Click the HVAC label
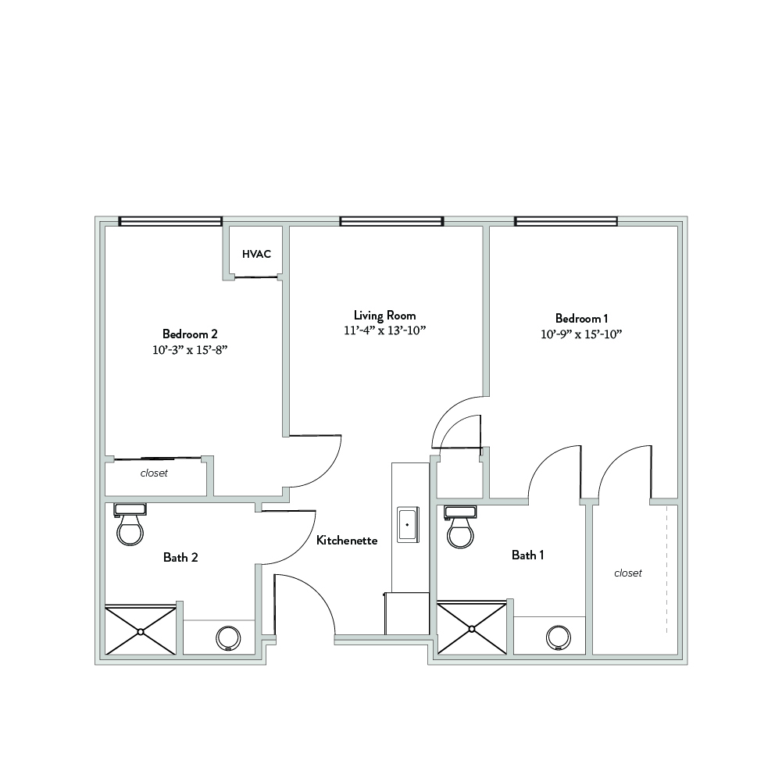point(256,254)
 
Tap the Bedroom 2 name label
point(190,334)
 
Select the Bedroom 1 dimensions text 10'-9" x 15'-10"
point(581,334)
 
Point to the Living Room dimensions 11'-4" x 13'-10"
point(384,330)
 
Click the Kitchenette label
point(347,540)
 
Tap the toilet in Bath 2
point(130,524)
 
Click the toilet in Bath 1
point(460,527)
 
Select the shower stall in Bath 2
point(141,630)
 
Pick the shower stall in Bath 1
point(472,628)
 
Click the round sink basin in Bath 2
point(228,638)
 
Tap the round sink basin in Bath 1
point(559,638)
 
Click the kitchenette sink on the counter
point(408,525)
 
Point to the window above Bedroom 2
point(170,221)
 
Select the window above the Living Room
point(391,221)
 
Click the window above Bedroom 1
point(566,221)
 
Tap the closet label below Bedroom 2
point(154,473)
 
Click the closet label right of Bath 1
point(628,573)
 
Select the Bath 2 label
point(180,557)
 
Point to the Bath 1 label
point(527,555)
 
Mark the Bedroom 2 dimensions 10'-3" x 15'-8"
point(190,350)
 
